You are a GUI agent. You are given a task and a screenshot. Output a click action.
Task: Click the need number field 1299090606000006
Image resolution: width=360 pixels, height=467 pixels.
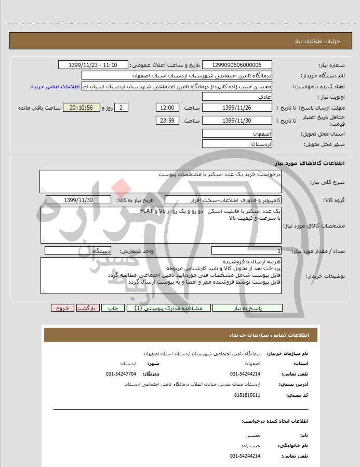[x=236, y=65]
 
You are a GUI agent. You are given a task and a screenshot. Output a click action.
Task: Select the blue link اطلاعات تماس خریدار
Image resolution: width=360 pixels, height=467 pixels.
[x=55, y=86]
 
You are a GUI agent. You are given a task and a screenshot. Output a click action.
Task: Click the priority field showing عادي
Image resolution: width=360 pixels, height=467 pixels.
[x=236, y=97]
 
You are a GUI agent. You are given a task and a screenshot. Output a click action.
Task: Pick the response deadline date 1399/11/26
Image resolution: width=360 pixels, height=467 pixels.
[x=236, y=108]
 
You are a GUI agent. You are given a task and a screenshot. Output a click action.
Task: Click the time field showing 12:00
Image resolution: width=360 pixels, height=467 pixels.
[x=167, y=108]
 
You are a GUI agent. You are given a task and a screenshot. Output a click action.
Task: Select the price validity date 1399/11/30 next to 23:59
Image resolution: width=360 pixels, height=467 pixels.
[x=236, y=121]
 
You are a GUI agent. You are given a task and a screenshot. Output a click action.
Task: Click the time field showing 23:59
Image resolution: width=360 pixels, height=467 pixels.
[x=167, y=121]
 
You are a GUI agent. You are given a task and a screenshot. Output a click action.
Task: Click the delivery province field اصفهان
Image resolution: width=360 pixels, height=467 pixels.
[x=236, y=134]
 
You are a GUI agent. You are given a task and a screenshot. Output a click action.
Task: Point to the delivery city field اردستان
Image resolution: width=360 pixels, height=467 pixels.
[x=236, y=143]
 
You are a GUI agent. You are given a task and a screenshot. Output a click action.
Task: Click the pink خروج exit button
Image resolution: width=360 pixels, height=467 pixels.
[x=63, y=308]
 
